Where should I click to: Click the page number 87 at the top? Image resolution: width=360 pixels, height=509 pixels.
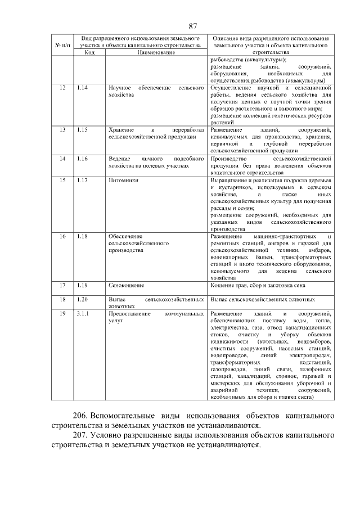192,26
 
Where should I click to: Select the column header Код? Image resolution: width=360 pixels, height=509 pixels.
89,52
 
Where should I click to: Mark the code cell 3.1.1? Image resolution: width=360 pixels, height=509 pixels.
84,313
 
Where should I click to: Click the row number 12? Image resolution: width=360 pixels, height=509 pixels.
63,88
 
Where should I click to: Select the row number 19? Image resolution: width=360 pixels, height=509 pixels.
63,313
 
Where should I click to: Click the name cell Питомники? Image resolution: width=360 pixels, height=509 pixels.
123,181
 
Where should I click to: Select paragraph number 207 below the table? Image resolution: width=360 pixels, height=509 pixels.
81,435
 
